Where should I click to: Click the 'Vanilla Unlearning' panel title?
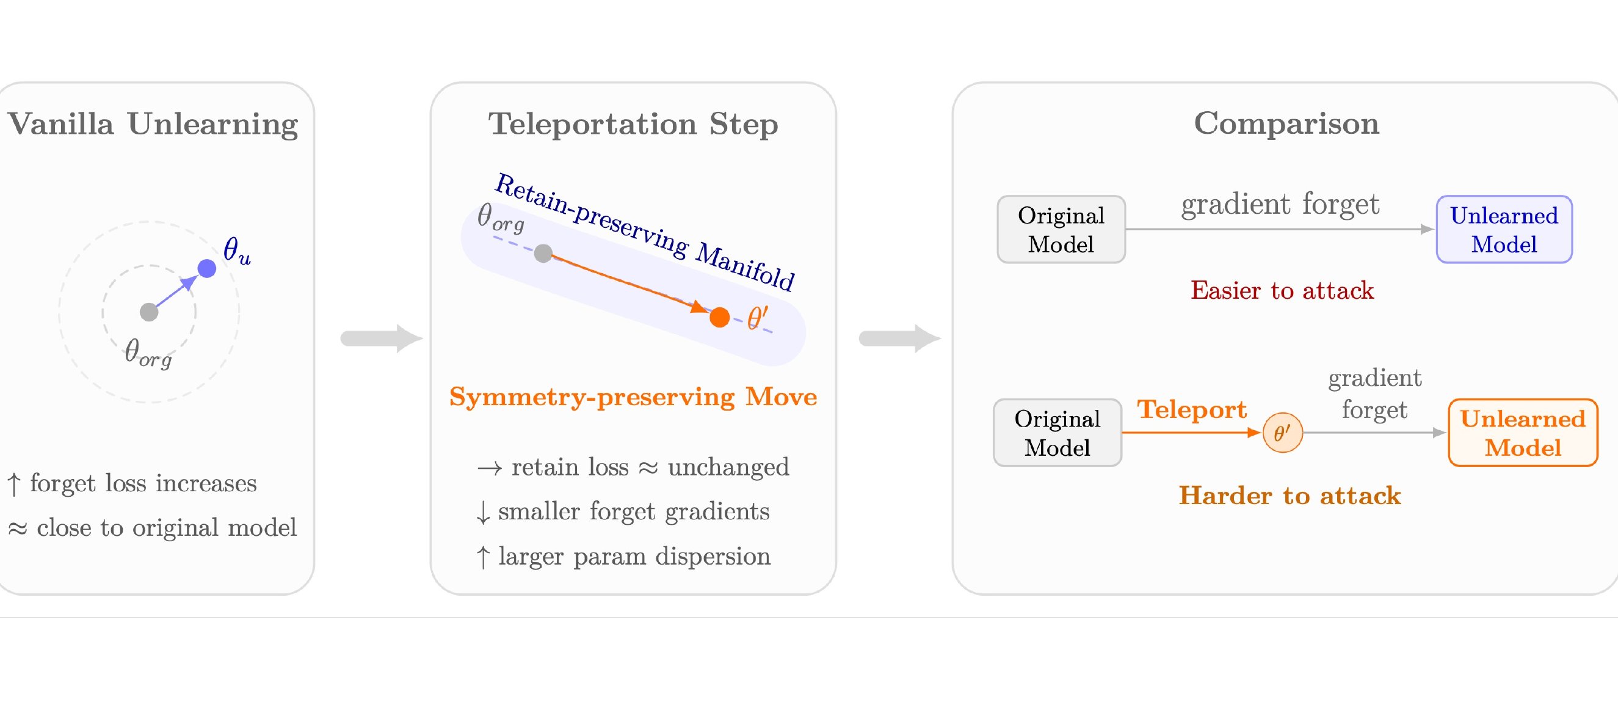pyautogui.click(x=153, y=124)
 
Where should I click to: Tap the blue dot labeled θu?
pyautogui.click(x=206, y=268)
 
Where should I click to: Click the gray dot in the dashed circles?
pyautogui.click(x=149, y=312)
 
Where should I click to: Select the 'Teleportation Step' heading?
pyautogui.click(x=633, y=124)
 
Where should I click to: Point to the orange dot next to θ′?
pyautogui.click(x=720, y=318)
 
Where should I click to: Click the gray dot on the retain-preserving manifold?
pyautogui.click(x=543, y=254)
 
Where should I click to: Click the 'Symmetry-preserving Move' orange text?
pyautogui.click(x=633, y=397)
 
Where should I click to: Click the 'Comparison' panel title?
pyautogui.click(x=1286, y=124)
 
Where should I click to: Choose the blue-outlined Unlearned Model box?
pyautogui.click(x=1504, y=230)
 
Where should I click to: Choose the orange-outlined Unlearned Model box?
pyautogui.click(x=1523, y=433)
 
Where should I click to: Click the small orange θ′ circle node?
pyautogui.click(x=1283, y=433)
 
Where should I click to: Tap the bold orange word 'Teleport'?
pyautogui.click(x=1191, y=410)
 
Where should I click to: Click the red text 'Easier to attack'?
pyautogui.click(x=1282, y=290)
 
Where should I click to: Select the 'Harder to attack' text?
pyautogui.click(x=1290, y=496)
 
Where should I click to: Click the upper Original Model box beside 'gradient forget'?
pyautogui.click(x=1061, y=230)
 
